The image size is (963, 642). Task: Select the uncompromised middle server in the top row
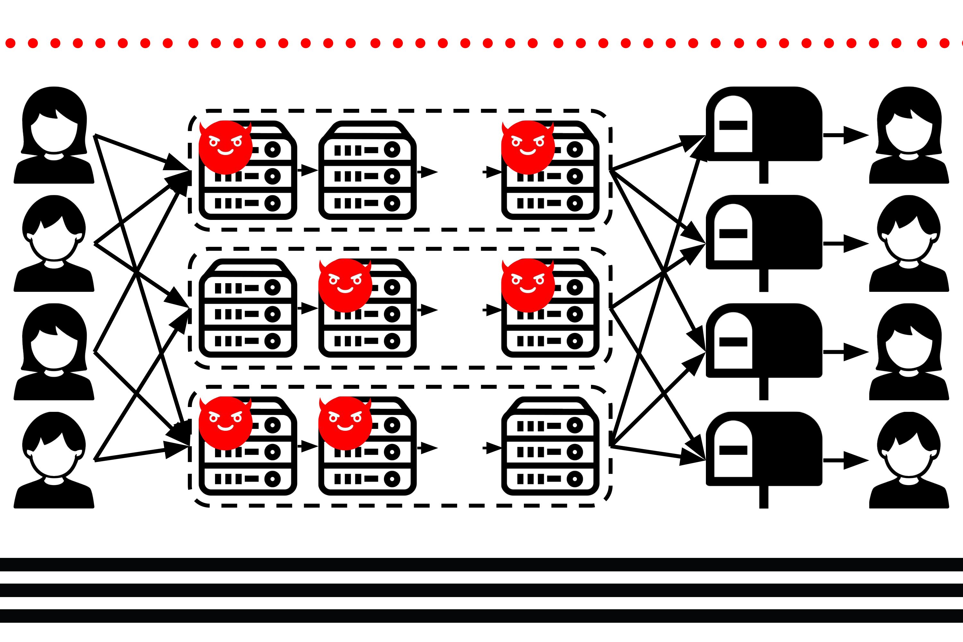tap(367, 170)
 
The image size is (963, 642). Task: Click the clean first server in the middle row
tap(248, 308)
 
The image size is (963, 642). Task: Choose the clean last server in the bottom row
tap(550, 446)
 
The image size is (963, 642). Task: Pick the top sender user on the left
tap(54, 135)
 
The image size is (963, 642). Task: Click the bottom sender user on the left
tap(54, 460)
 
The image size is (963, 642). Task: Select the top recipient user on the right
tap(909, 135)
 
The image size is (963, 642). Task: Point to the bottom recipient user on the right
tap(909, 460)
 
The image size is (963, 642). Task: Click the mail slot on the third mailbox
tap(733, 342)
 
